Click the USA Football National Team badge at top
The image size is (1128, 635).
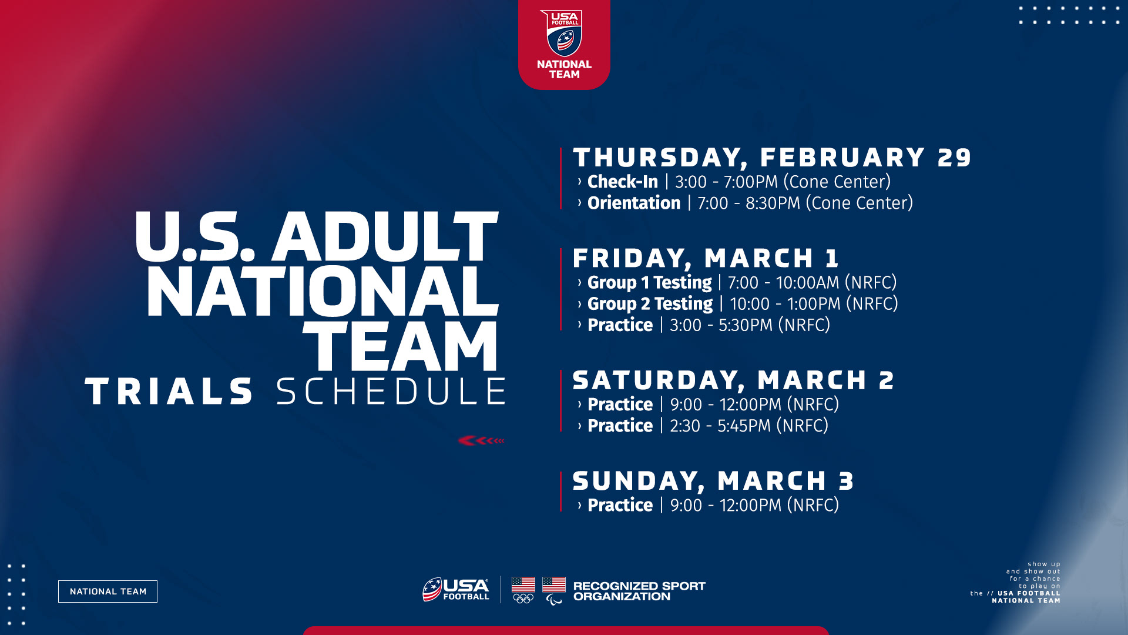[564, 45]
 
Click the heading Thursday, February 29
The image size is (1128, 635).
[772, 158]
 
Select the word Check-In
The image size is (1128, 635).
[623, 182]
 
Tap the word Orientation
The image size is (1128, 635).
[634, 203]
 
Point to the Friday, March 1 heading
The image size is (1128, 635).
[706, 258]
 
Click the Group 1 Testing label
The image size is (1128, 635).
[650, 283]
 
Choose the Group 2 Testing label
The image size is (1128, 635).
[650, 304]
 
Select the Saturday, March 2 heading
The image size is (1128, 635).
[733, 380]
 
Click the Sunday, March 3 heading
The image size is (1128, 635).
[713, 481]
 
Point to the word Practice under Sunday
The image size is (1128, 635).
[620, 505]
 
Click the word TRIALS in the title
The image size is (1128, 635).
[170, 392]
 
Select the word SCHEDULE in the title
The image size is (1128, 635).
[391, 392]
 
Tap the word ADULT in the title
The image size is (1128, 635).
[385, 236]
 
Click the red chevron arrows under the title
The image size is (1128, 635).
[481, 440]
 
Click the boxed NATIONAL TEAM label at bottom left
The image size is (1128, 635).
[108, 591]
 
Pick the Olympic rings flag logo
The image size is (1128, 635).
[523, 590]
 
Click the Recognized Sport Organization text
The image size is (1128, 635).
[639, 591]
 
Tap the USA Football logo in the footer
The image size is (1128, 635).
[456, 590]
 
